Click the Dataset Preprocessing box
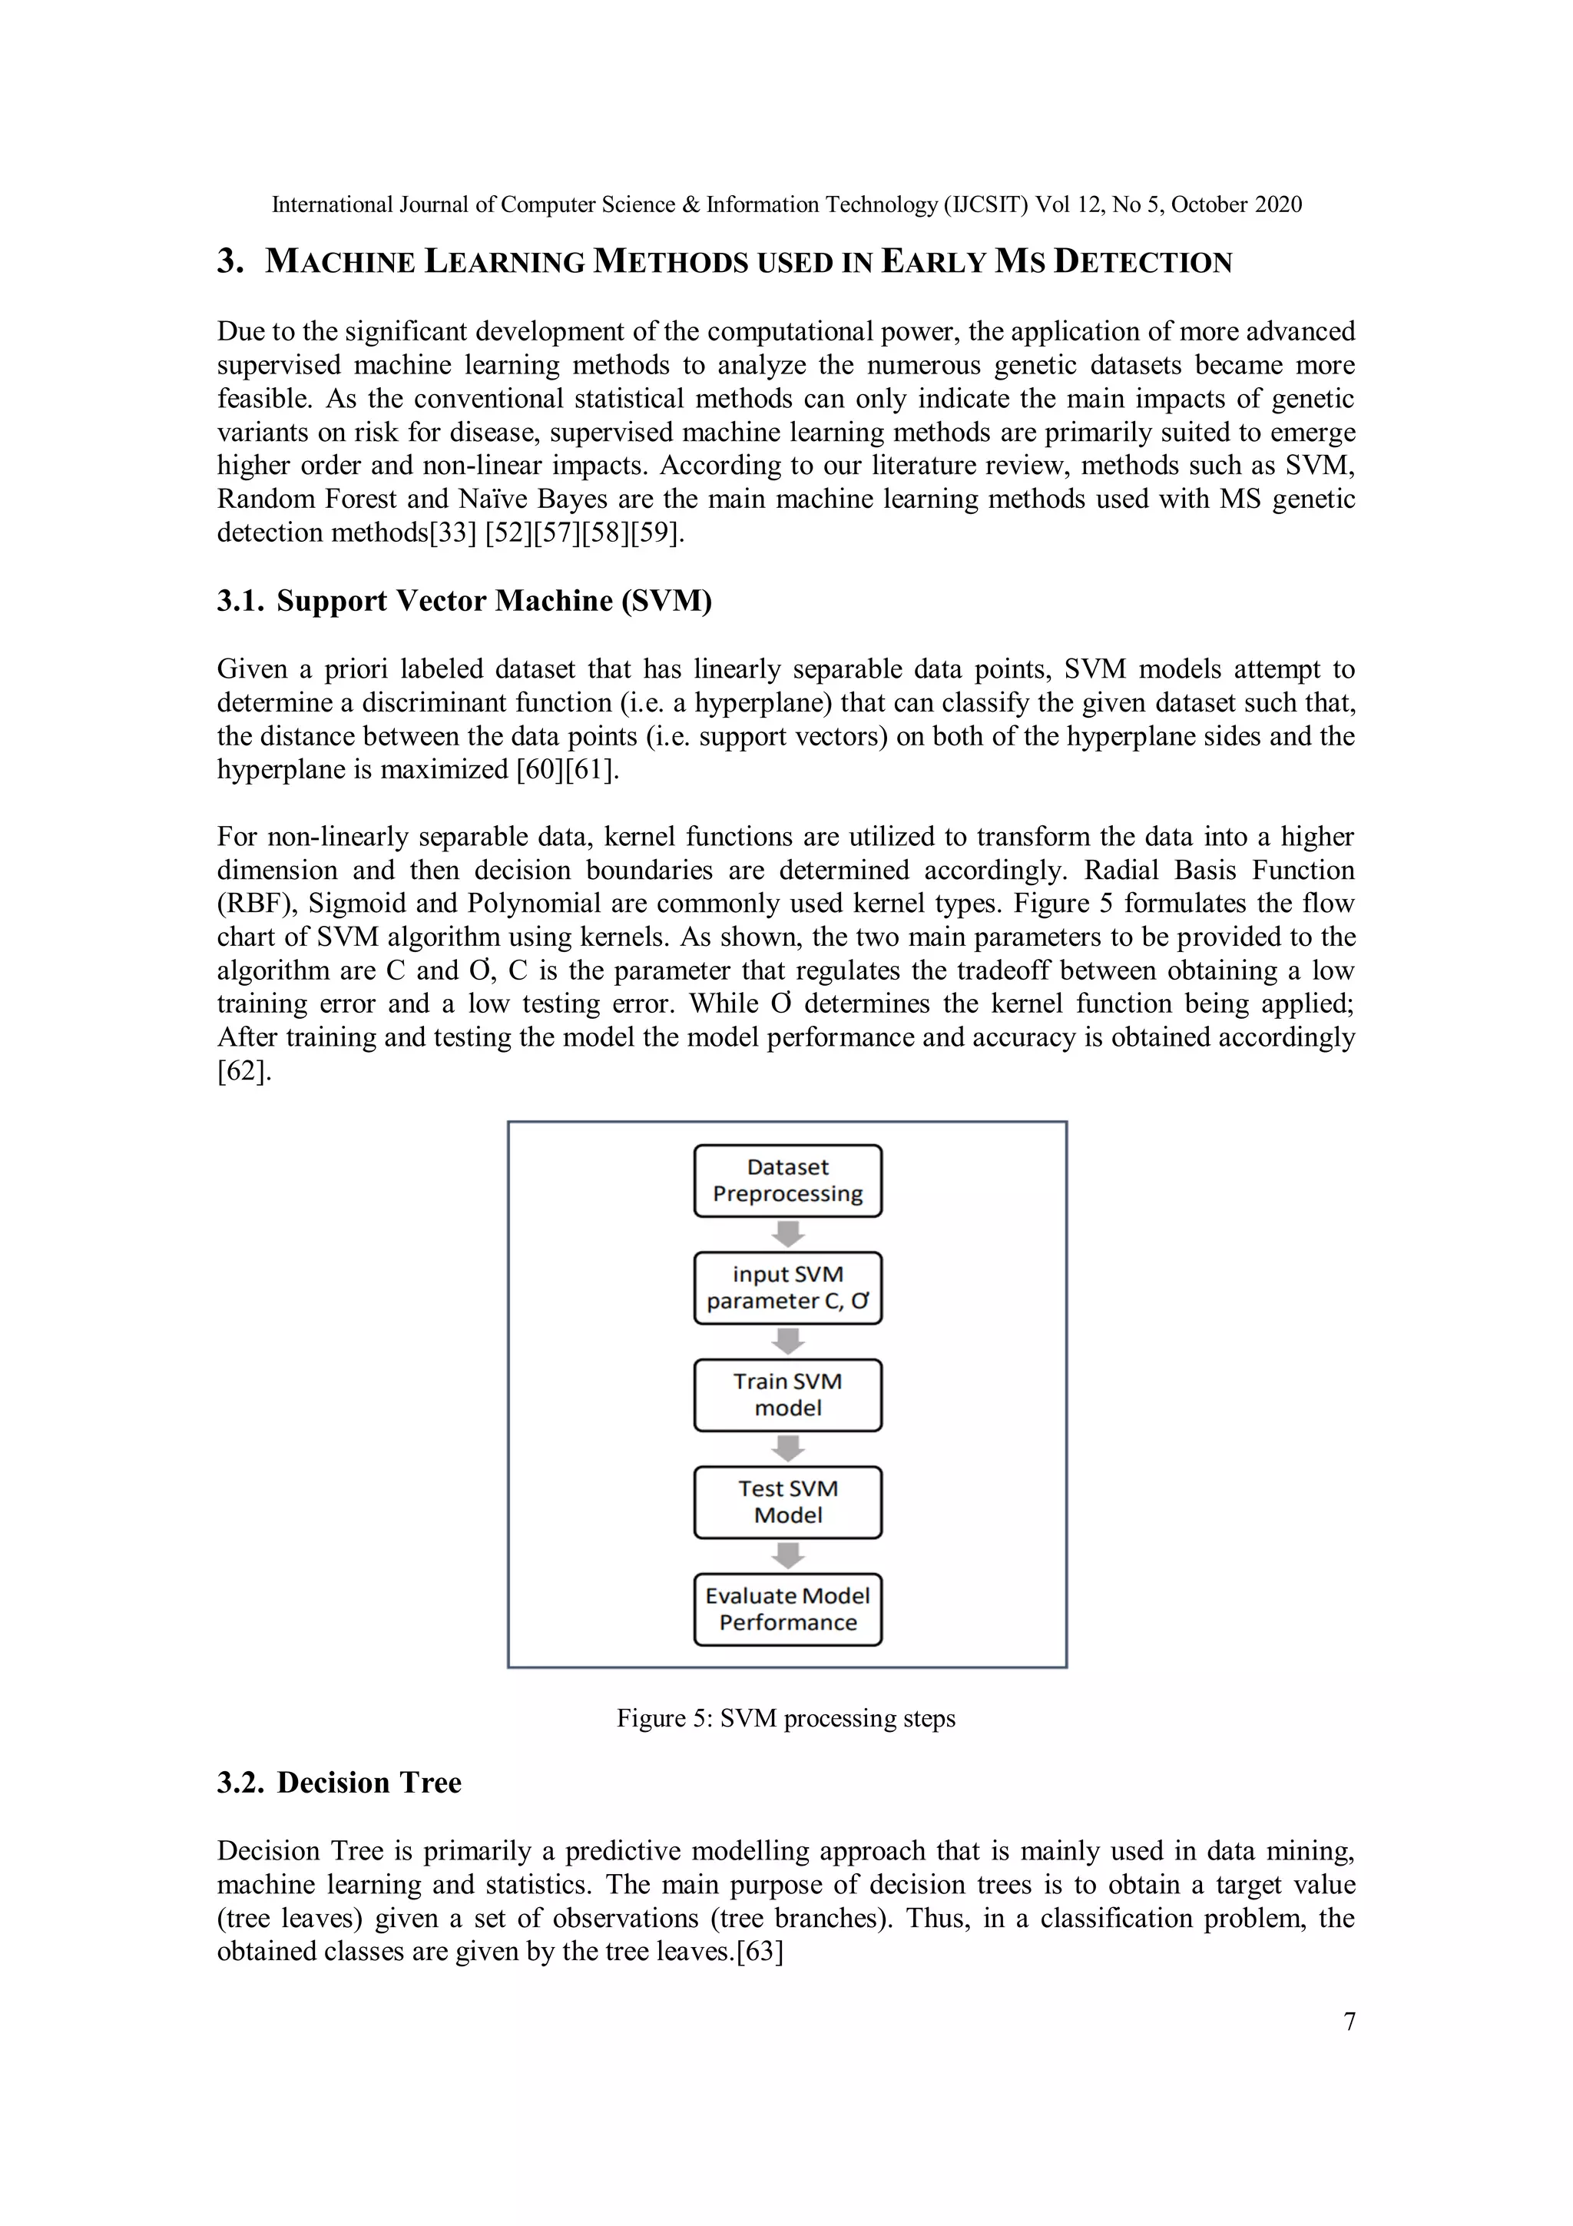787,1180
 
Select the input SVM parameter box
787,1288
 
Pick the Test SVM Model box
787,1501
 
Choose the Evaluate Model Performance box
787,1610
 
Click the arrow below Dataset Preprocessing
788,1234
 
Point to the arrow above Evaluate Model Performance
788,1555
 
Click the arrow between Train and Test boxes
788,1448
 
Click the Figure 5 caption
786,1718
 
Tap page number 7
1349,2022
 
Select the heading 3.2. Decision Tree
339,1782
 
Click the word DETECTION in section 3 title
1143,262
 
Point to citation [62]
243,1071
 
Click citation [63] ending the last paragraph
759,1951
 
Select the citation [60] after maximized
540,770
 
